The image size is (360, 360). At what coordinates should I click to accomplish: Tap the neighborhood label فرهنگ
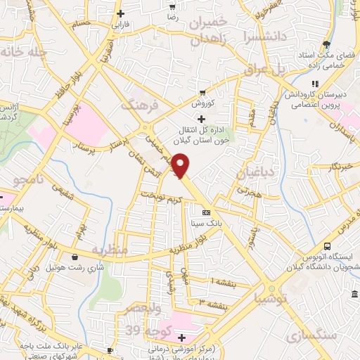[136, 105]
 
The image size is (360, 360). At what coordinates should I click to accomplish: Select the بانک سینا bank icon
[205, 212]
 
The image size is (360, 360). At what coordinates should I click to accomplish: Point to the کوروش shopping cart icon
[202, 92]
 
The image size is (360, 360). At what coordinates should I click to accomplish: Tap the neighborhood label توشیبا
[272, 298]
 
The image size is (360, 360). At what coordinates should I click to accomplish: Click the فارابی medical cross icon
[120, 13]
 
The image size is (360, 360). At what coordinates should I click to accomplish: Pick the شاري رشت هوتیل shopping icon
[75, 257]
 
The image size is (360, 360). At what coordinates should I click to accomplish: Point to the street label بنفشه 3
[212, 304]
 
